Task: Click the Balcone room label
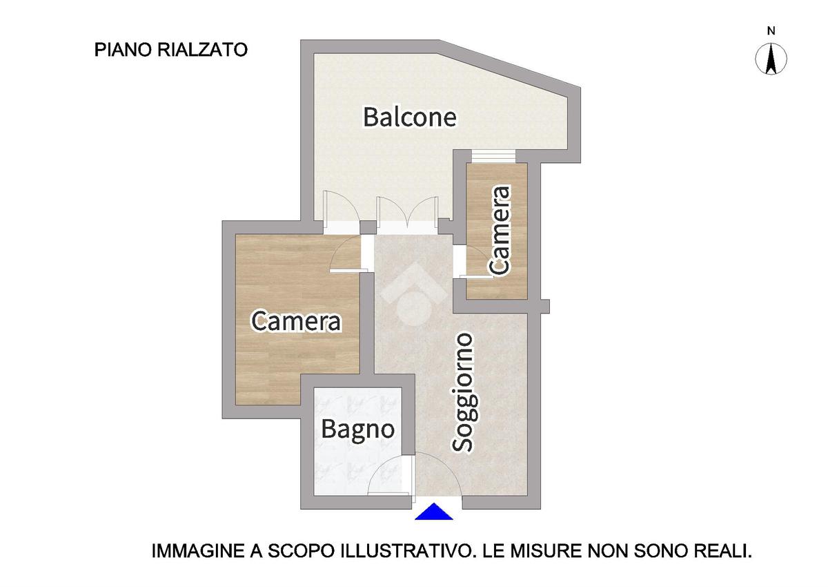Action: [410, 117]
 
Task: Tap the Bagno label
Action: [357, 429]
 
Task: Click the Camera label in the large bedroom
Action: [296, 321]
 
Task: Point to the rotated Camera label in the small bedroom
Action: [499, 231]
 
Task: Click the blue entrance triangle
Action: [434, 512]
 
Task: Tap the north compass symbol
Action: [771, 59]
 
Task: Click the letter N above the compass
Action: [771, 31]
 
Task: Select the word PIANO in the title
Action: [124, 50]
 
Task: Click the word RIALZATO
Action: [203, 50]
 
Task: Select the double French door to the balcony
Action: [406, 215]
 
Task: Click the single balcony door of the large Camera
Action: [341, 213]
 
